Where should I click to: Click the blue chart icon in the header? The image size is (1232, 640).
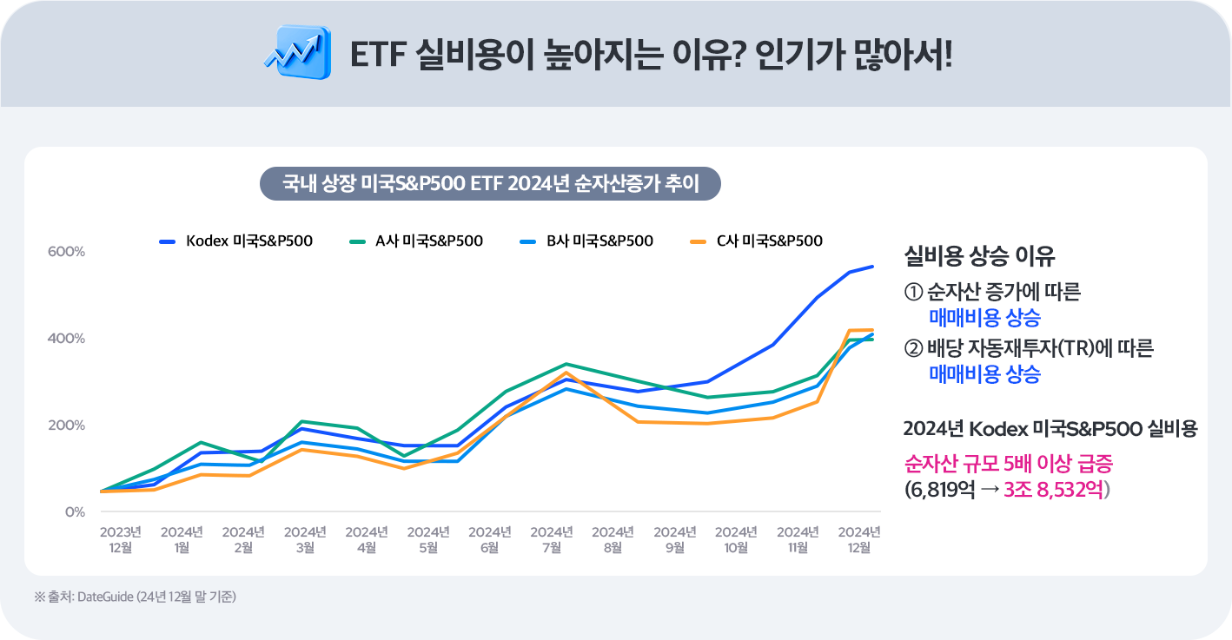(x=296, y=53)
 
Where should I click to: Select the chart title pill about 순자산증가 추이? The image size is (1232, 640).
(x=491, y=184)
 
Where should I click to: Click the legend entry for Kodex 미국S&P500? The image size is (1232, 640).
(x=236, y=241)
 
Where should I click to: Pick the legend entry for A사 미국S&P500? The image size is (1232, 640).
(x=416, y=241)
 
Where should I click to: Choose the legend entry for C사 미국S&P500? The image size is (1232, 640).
(x=756, y=241)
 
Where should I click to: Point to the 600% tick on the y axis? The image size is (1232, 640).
(x=66, y=252)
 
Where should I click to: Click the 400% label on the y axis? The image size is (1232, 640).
(x=66, y=338)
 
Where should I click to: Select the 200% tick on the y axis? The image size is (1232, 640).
(x=66, y=426)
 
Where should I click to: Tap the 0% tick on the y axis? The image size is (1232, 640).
(x=75, y=512)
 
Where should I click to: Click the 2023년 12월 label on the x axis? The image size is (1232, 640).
(x=120, y=539)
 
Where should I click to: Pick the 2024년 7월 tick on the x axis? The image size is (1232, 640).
(x=551, y=539)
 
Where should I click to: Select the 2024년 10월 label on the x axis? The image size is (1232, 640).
(x=736, y=539)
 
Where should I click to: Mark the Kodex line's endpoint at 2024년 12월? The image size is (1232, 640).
(x=872, y=267)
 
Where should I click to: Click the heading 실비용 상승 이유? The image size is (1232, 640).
(x=979, y=257)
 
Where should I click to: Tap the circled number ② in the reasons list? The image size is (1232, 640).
(x=912, y=349)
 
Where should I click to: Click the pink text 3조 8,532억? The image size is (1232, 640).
(x=1053, y=489)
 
